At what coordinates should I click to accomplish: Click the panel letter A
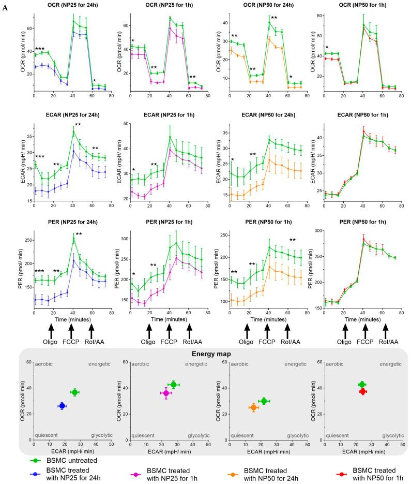pos(5,5)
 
